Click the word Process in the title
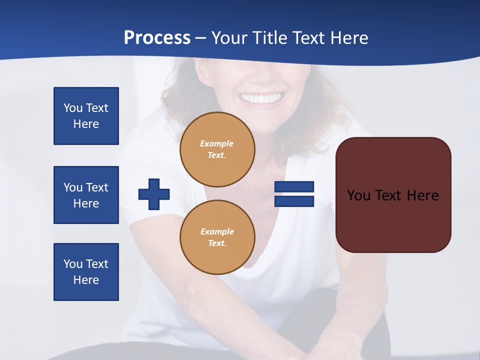click(157, 38)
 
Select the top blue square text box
click(86, 116)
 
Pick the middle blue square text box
click(86, 195)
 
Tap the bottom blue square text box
click(86, 272)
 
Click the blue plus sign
click(154, 193)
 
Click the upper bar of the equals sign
click(294, 186)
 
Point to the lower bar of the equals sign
click(294, 201)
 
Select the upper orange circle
click(217, 149)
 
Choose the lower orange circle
click(217, 237)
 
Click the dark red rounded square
click(393, 195)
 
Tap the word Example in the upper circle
click(217, 143)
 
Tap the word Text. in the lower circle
click(217, 243)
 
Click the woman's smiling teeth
click(261, 97)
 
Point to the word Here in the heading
click(348, 38)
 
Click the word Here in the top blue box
click(86, 124)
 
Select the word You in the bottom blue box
click(73, 264)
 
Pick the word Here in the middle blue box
click(86, 203)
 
